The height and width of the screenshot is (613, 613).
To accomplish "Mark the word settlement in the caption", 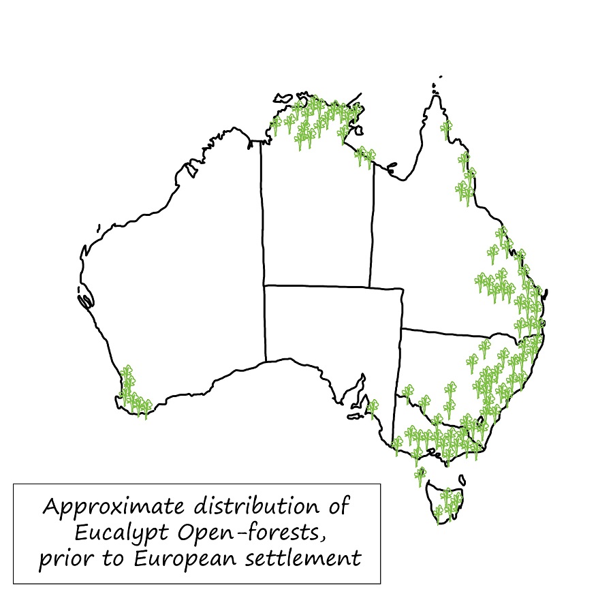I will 313,559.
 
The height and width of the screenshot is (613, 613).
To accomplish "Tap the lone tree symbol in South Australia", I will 373,409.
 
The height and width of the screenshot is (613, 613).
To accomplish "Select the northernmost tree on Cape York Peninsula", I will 446,128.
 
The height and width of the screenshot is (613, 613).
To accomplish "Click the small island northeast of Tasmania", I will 462,480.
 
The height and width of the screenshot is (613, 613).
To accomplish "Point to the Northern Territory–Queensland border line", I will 372,225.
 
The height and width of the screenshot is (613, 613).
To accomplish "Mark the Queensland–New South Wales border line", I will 443,332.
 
